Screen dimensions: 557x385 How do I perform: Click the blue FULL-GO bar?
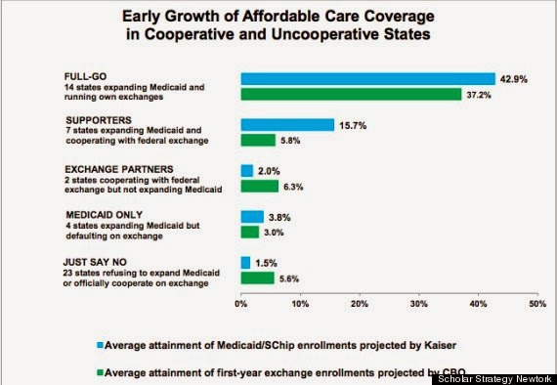pyautogui.click(x=368, y=79)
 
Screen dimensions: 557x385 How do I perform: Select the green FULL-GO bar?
pyautogui.click(x=351, y=95)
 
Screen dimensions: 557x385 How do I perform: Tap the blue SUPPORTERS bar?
pyautogui.click(x=287, y=125)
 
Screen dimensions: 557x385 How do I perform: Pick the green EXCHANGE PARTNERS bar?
pyautogui.click(x=260, y=186)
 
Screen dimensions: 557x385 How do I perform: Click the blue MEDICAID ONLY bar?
pyautogui.click(x=252, y=217)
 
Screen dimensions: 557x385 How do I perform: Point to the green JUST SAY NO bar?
pyautogui.click(x=258, y=278)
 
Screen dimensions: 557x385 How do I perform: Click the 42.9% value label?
pyautogui.click(x=514, y=79)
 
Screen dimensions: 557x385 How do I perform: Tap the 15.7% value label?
pyautogui.click(x=353, y=126)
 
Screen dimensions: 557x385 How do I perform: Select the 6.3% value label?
pyautogui.click(x=293, y=187)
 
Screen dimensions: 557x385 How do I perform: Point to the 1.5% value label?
pyautogui.click(x=266, y=263)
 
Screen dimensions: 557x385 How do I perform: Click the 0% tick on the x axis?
pyautogui.click(x=240, y=304)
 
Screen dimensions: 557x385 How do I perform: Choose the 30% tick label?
pyautogui.click(x=419, y=304)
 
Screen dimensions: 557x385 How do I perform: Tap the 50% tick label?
pyautogui.click(x=537, y=304)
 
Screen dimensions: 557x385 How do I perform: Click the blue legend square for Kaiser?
pyautogui.click(x=100, y=345)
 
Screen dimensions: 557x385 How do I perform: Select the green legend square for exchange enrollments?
pyautogui.click(x=100, y=372)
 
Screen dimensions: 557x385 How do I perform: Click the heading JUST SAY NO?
pyautogui.click(x=95, y=262)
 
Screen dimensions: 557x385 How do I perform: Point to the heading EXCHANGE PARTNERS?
pyautogui.click(x=119, y=169)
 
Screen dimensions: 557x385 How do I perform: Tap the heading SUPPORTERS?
pyautogui.click(x=99, y=120)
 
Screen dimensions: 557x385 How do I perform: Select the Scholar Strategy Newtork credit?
pyautogui.click(x=494, y=379)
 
